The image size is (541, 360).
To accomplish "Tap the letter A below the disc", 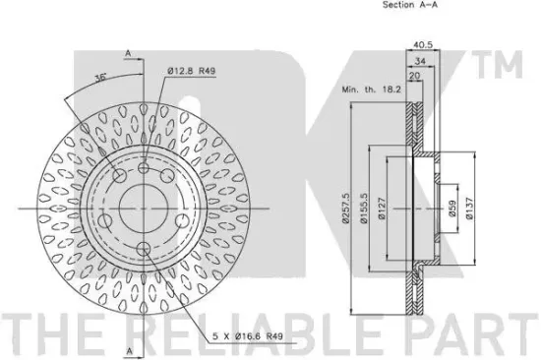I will pyautogui.click(x=127, y=349).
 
